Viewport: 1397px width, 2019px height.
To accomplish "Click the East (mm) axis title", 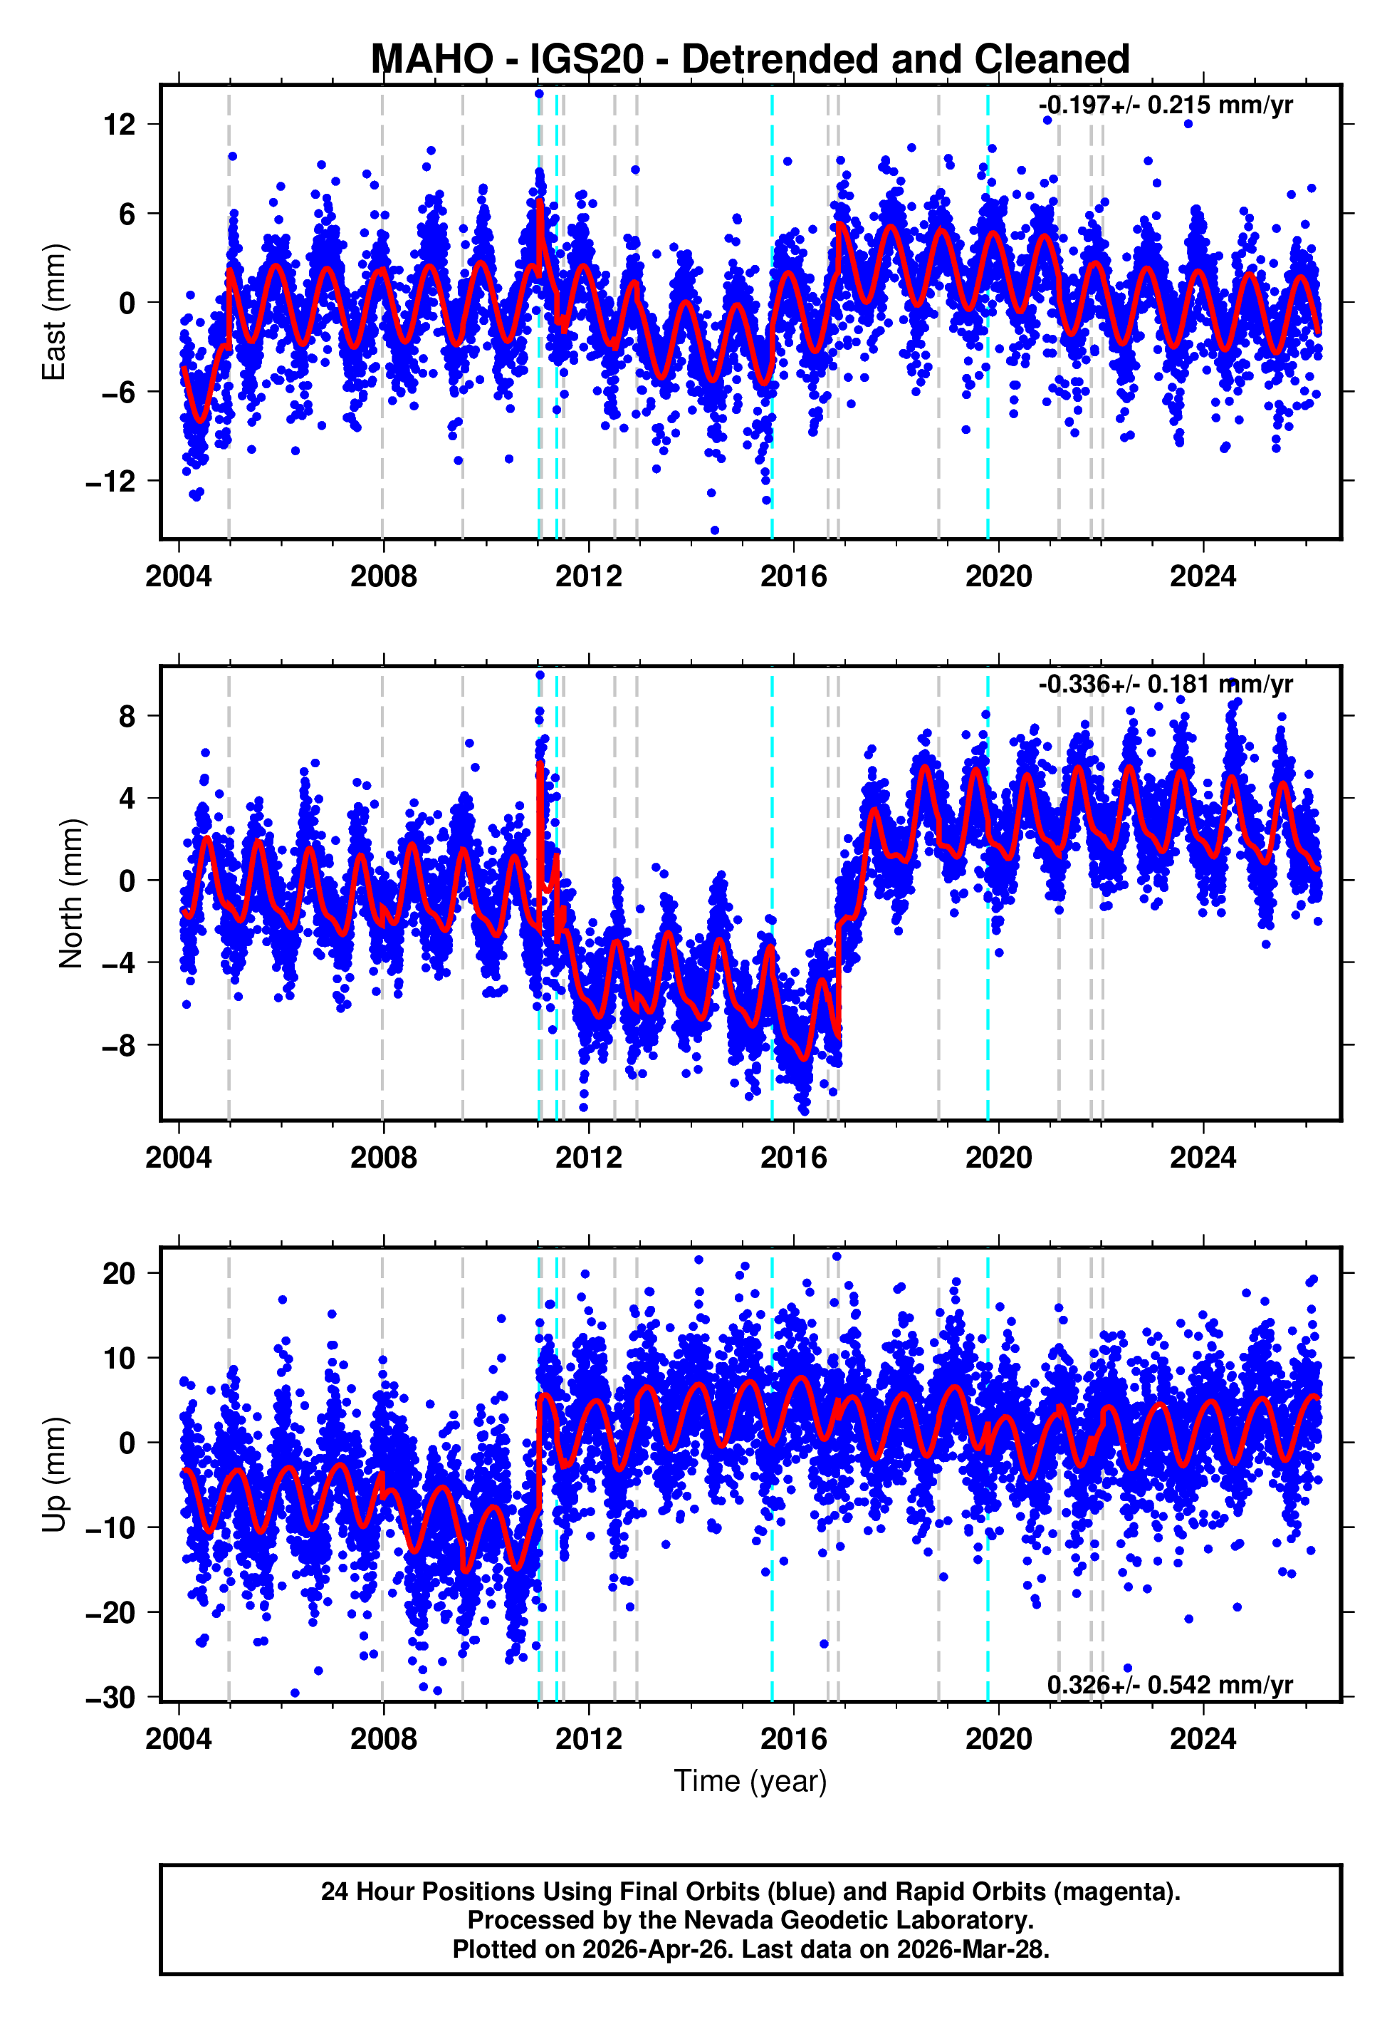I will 54,312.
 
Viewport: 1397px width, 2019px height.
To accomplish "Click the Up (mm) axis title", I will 54,1475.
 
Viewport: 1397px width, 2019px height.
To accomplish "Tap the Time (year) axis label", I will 750,1781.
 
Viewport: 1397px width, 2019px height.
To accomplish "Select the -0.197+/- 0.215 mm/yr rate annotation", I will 1165,106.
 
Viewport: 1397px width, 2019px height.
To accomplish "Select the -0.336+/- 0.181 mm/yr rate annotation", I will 1165,685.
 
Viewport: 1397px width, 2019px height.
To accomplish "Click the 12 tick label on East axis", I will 119,125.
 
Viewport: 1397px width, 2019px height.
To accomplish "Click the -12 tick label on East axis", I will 110,482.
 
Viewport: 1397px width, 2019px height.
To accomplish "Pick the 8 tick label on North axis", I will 127,716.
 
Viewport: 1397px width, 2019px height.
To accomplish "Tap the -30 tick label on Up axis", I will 110,1698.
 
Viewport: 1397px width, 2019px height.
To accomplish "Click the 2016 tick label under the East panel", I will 793,577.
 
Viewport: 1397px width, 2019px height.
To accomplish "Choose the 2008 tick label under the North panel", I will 383,1158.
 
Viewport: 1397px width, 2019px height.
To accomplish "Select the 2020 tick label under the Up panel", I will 998,1739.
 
